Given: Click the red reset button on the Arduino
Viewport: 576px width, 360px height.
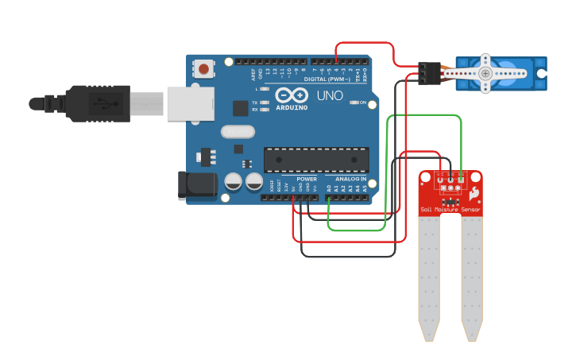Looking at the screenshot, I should click(x=204, y=69).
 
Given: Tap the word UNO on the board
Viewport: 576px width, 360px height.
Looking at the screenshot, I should click(x=330, y=95).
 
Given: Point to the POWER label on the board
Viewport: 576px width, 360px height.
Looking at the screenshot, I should click(x=307, y=179).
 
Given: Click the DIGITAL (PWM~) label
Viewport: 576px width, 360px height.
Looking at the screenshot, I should click(x=332, y=79).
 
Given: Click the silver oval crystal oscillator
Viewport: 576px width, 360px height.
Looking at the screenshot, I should click(x=238, y=132).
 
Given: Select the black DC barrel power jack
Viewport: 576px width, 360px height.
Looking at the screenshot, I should click(x=195, y=185).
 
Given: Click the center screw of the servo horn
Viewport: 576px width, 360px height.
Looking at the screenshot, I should click(x=485, y=73).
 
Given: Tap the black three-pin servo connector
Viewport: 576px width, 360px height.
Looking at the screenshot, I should click(x=430, y=73).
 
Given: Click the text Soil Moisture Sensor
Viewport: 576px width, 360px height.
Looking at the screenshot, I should click(x=450, y=211).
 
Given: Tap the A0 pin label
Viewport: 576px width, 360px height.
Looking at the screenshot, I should click(x=329, y=188).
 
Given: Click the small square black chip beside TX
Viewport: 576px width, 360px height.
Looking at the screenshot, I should click(x=240, y=108).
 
